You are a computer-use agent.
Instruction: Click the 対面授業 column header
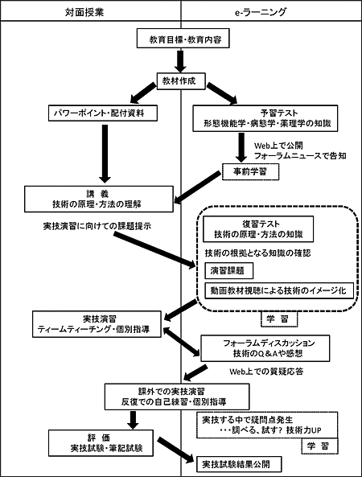pos(84,12)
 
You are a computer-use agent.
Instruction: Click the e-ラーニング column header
pos(261,12)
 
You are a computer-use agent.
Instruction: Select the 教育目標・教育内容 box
pos(183,39)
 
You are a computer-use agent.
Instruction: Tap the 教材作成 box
pos(181,81)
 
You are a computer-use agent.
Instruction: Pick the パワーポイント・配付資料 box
pos(103,113)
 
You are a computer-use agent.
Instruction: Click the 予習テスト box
pos(265,118)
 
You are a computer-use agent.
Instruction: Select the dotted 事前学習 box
pos(251,171)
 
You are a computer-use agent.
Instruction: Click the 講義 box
pos(99,199)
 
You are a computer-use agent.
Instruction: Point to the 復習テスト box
pos(258,228)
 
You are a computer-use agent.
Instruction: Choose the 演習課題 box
pos(228,270)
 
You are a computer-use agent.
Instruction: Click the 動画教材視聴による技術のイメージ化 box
pos(279,290)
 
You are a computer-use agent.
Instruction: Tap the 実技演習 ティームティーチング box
pos(97,324)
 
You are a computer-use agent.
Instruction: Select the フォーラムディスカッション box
pos(265,348)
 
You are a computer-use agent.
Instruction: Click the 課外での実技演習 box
pos(177,397)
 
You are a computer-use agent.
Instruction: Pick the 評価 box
pos(101,443)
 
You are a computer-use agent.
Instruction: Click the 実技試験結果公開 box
pos(239,464)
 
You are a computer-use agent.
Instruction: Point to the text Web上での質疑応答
pos(266,371)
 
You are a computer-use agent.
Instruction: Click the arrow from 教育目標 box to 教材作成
pos(181,61)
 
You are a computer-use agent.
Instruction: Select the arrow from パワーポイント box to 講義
pos(105,154)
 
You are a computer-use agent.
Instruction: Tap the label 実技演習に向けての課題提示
pos(97,226)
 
